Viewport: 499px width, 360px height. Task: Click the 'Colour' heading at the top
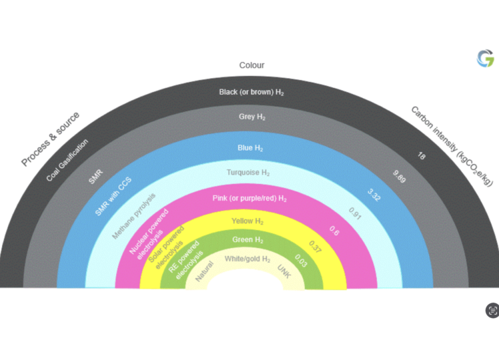click(x=252, y=65)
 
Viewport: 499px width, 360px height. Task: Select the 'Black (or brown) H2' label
click(x=252, y=92)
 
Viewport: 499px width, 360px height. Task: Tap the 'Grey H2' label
click(x=252, y=117)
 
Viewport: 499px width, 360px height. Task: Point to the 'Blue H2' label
click(x=250, y=148)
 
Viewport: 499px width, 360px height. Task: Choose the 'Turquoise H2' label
click(x=247, y=173)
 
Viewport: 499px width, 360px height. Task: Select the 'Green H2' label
click(x=247, y=240)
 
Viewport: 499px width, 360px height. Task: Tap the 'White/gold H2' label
click(x=247, y=259)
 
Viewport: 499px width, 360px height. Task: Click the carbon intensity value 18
click(x=421, y=157)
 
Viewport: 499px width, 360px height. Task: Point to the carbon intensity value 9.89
click(x=400, y=177)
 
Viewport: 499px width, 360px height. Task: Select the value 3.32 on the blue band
click(x=374, y=195)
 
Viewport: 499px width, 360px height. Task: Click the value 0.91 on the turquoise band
click(x=355, y=213)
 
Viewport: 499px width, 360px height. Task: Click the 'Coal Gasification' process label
click(x=67, y=161)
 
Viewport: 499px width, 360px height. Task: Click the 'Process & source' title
click(x=50, y=139)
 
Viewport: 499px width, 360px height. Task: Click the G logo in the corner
click(x=485, y=59)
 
